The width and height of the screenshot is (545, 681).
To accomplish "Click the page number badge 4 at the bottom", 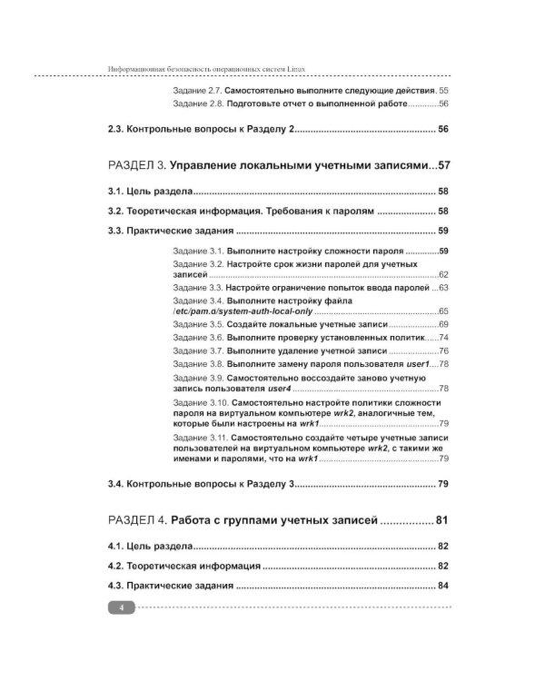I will click(x=121, y=607).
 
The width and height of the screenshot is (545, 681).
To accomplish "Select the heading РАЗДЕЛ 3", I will click(x=136, y=166).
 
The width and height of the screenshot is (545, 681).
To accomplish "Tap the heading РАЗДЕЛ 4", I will click(x=136, y=520).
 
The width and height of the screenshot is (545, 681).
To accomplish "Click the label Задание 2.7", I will click(x=197, y=91).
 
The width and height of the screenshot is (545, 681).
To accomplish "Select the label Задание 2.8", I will click(x=197, y=104).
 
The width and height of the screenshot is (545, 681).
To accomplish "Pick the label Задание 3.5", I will click(x=197, y=324).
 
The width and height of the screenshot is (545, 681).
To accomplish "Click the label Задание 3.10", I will click(x=200, y=401).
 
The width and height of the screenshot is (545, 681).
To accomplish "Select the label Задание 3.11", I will click(x=200, y=437).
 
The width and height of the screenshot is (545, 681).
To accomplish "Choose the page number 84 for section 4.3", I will click(x=443, y=586).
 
